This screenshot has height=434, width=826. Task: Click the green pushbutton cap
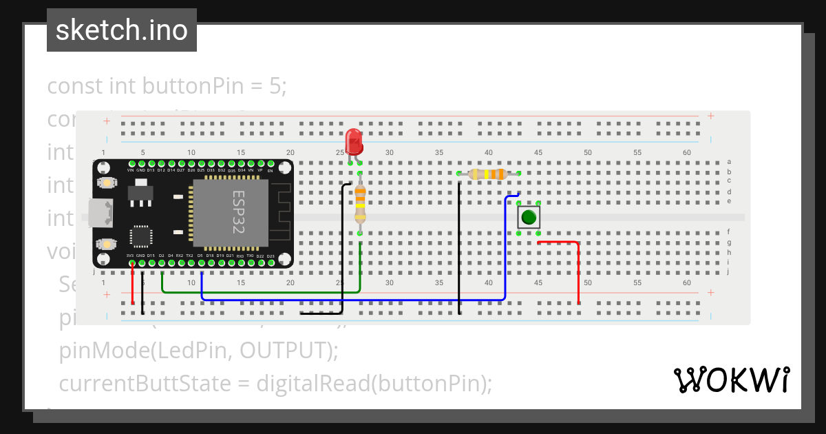click(529, 218)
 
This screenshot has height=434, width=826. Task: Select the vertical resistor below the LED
click(360, 204)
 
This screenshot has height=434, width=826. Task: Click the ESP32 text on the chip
click(238, 213)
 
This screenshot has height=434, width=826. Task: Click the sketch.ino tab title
click(121, 30)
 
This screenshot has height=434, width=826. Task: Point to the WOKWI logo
click(731, 380)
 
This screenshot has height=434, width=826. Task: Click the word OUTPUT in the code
click(284, 351)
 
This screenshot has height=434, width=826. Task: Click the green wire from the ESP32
click(262, 292)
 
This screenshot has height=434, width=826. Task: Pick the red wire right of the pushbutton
click(578, 272)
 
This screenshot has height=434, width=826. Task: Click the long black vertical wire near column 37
click(459, 248)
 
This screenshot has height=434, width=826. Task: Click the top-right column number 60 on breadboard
click(686, 152)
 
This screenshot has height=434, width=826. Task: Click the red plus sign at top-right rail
click(710, 116)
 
